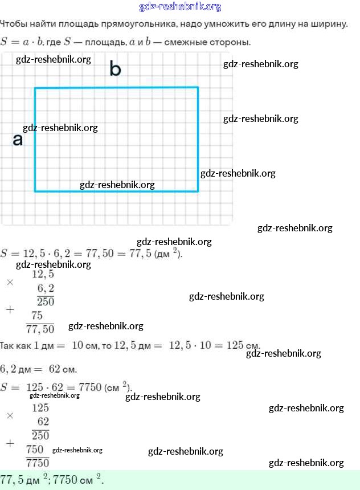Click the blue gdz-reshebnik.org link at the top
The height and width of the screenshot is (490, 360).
[180, 7]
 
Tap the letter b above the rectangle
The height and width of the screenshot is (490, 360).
[115, 70]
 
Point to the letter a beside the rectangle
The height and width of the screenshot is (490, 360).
[18, 140]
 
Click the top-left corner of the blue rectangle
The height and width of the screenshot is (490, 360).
[35, 88]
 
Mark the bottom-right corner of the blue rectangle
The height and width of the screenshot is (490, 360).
[198, 191]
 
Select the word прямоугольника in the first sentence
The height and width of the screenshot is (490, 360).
[133, 24]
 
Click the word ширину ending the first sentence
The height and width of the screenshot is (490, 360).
[329, 24]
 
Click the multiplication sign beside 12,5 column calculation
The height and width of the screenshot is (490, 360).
[9, 282]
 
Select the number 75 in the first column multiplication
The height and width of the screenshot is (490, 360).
[37, 316]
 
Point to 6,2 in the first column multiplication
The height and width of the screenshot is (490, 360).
[45, 288]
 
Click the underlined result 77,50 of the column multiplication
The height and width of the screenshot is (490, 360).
[40, 329]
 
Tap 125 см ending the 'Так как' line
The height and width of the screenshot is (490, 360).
[243, 345]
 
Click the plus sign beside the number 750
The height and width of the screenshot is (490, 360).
[9, 442]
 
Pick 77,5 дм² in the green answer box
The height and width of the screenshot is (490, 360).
[24, 479]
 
